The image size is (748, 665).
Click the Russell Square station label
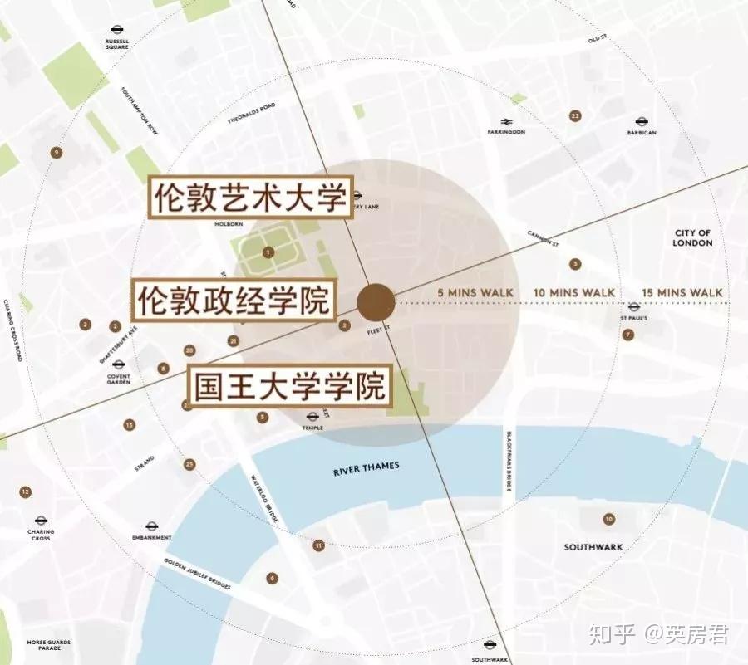[117, 43]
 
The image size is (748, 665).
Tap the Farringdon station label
[506, 131]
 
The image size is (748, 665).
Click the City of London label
[692, 237]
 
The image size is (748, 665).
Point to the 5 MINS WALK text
[475, 292]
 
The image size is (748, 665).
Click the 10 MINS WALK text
[573, 292]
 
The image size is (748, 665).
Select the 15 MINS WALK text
[682, 292]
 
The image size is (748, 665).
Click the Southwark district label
[593, 547]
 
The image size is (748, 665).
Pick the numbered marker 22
[575, 115]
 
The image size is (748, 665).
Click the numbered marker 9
[56, 152]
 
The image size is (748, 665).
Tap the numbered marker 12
[26, 492]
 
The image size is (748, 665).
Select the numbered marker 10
[609, 520]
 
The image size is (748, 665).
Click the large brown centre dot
[376, 301]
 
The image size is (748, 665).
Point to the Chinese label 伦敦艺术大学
[250, 197]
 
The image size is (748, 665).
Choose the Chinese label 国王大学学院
[290, 386]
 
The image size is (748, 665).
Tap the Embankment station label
[151, 537]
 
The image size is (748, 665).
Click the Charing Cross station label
[39, 535]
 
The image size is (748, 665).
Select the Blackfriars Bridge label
[505, 462]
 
